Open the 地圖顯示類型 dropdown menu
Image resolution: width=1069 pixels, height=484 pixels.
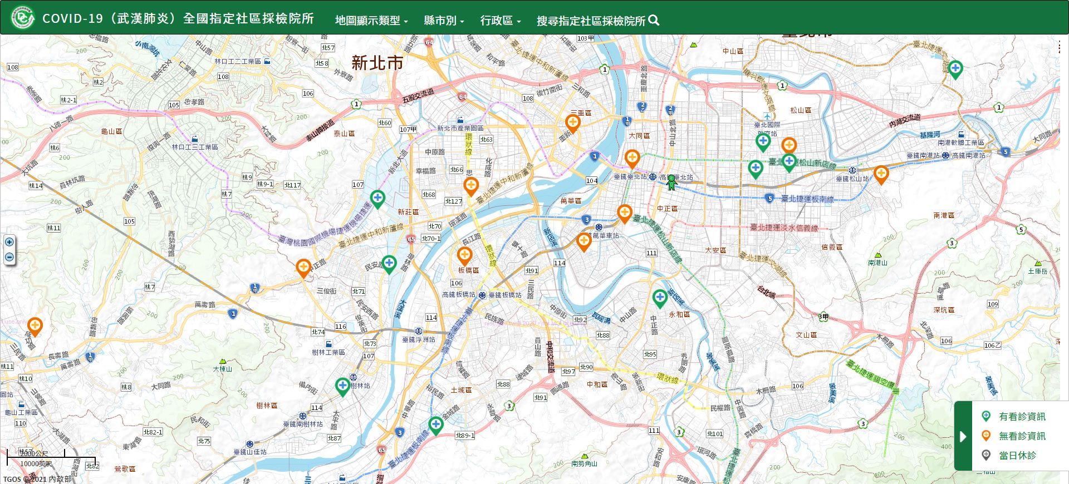pyautogui.click(x=371, y=21)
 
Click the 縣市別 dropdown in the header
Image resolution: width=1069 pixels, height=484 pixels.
pyautogui.click(x=444, y=21)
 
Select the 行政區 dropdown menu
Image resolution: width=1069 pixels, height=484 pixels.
pyautogui.click(x=500, y=21)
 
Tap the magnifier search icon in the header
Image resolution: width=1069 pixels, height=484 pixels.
pyautogui.click(x=654, y=21)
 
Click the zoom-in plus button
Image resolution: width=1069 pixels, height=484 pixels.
pyautogui.click(x=9, y=242)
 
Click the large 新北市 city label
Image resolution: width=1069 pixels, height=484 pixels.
pyautogui.click(x=377, y=63)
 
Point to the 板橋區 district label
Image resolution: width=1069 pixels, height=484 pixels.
pyautogui.click(x=468, y=270)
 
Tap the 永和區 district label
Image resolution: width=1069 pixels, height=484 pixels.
pyautogui.click(x=679, y=314)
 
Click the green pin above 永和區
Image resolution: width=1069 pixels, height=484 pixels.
pyautogui.click(x=660, y=298)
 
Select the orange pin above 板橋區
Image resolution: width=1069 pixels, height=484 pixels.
pyautogui.click(x=464, y=255)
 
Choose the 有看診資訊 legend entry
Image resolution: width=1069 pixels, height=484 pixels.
pyautogui.click(x=1022, y=417)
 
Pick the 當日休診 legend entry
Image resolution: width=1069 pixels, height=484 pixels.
pyautogui.click(x=1017, y=456)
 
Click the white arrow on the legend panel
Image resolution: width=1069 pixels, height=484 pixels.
pyautogui.click(x=963, y=436)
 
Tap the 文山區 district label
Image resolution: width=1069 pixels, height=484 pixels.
pyautogui.click(x=806, y=335)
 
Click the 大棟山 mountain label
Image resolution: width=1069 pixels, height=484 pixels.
pyautogui.click(x=222, y=369)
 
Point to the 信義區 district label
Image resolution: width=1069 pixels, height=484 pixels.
pyautogui.click(x=832, y=247)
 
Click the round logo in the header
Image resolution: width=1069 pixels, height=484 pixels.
pyautogui.click(x=23, y=18)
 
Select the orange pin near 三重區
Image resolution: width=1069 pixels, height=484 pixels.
pyautogui.click(x=573, y=122)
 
